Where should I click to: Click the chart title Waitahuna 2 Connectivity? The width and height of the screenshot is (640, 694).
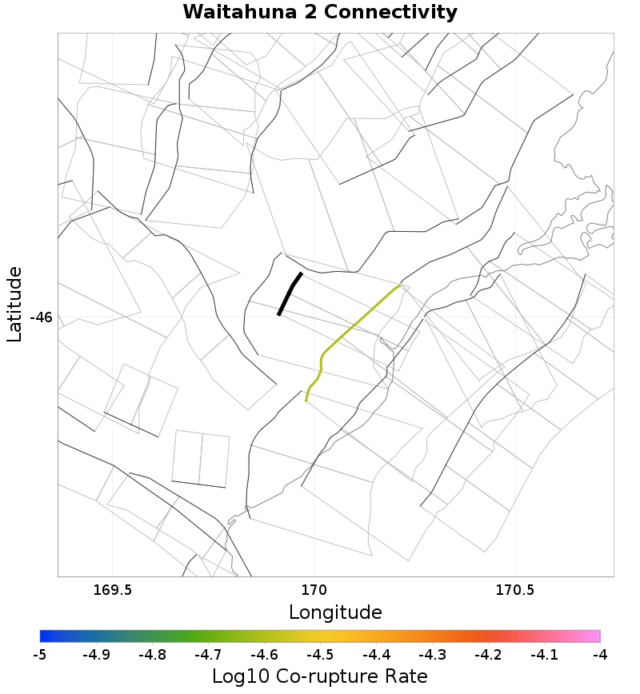point(320,13)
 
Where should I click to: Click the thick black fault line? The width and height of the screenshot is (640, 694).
point(289,294)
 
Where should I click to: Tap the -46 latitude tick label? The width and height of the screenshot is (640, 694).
point(41,317)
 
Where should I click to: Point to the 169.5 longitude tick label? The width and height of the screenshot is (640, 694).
point(112,591)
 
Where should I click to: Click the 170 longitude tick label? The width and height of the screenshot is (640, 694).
point(314,591)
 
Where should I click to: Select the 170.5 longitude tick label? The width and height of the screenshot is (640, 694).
point(515,591)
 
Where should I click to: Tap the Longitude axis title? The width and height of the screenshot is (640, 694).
point(335,613)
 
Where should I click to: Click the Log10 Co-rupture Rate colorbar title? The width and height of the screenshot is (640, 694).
point(320,676)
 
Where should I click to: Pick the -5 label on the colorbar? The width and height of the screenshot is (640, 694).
point(40,654)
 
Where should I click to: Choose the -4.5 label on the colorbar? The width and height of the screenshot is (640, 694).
point(320,654)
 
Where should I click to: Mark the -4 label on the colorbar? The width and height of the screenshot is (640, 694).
point(600,654)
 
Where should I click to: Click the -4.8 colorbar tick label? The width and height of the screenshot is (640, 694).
point(152,654)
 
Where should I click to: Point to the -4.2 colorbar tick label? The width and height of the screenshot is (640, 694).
point(488,654)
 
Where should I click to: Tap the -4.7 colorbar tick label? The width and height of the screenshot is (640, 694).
point(208,654)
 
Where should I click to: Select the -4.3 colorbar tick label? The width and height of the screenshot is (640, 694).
point(432,654)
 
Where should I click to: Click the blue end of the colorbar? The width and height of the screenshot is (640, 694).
point(45,636)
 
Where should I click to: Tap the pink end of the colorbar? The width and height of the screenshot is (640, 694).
point(595,636)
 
